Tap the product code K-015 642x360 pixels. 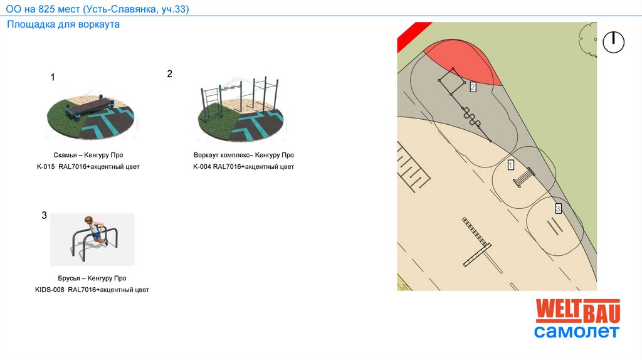[45, 167]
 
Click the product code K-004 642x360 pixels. [202, 167]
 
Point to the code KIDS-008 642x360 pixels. [50, 290]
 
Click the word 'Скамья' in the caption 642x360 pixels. [65, 155]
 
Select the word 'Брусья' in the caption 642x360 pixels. [69, 278]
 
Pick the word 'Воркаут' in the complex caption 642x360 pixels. [206, 155]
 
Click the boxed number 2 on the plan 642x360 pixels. [473, 87]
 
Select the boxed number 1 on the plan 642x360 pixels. [510, 165]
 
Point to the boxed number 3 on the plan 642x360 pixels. [557, 209]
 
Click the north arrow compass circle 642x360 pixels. [613, 42]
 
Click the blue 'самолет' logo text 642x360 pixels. [577, 331]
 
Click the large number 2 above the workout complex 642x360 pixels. [169, 74]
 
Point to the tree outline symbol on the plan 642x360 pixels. [588, 40]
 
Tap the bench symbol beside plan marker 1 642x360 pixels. [524, 177]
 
